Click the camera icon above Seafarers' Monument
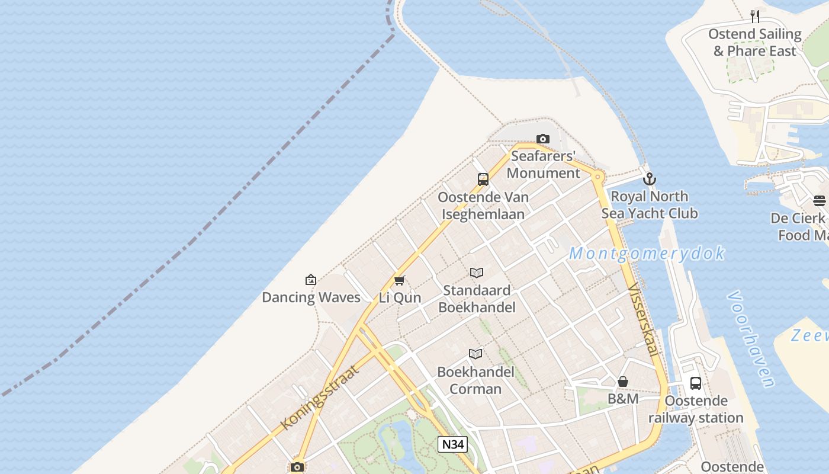click(542, 139)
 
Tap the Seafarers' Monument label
click(543, 165)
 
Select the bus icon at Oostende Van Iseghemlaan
click(483, 179)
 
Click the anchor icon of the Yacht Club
click(650, 178)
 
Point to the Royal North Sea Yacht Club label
click(650, 205)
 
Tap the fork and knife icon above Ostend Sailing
click(754, 16)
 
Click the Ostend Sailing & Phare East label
click(754, 43)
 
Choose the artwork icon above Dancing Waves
click(310, 280)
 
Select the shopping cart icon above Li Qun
click(399, 280)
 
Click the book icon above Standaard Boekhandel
click(477, 273)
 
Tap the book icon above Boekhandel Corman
click(475, 354)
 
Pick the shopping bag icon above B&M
click(623, 382)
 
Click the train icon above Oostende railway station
click(696, 383)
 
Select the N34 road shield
click(452, 444)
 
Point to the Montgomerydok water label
click(647, 254)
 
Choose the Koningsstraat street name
click(320, 397)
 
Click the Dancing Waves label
click(311, 297)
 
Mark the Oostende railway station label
click(696, 409)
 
